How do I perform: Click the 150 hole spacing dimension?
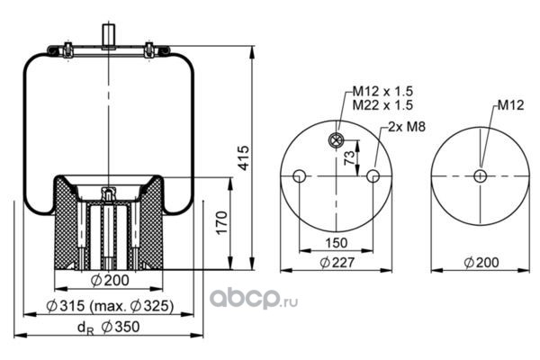(x=335, y=242)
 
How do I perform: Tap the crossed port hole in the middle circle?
(x=336, y=139)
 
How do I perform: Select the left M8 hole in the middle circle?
(x=300, y=175)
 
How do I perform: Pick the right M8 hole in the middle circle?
(x=372, y=175)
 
